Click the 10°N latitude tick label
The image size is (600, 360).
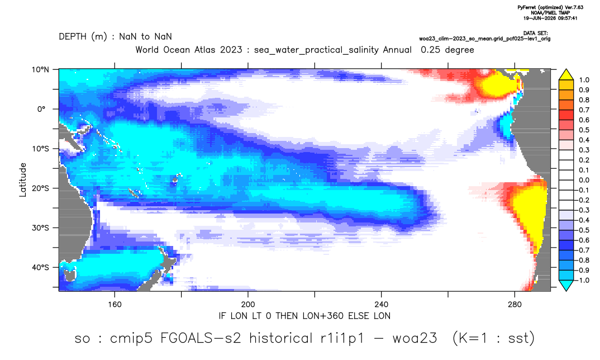(x=40, y=70)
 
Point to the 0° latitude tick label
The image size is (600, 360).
(x=41, y=109)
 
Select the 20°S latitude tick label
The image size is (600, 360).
(x=40, y=188)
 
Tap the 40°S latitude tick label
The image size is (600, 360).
(x=40, y=267)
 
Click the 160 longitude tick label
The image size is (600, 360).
(x=115, y=305)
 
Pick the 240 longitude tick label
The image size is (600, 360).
(x=382, y=305)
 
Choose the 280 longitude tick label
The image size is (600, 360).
(x=515, y=305)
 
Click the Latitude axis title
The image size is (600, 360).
(x=23, y=180)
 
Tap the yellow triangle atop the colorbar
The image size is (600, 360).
(x=566, y=75)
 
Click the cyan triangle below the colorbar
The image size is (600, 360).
(x=566, y=285)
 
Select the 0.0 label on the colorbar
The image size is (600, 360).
(x=584, y=180)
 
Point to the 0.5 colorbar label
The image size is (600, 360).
(x=584, y=130)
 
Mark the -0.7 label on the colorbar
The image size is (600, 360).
(x=582, y=250)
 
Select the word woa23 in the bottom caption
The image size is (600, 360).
(x=415, y=339)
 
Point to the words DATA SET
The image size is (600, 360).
(x=535, y=34)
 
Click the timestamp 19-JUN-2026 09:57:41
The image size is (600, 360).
(x=550, y=18)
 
